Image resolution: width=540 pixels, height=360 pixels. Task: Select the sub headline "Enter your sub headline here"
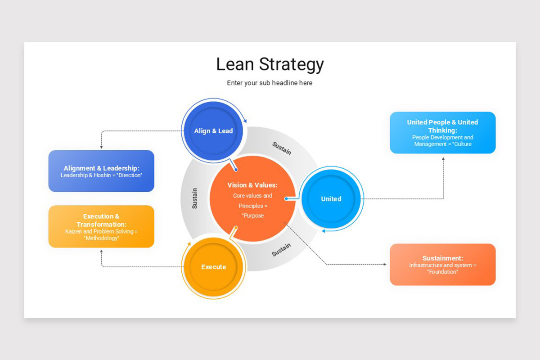270,83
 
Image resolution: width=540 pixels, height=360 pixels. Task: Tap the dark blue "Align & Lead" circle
213,131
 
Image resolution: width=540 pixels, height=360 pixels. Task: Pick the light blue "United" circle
331,199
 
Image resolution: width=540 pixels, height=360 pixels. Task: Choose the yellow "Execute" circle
213,267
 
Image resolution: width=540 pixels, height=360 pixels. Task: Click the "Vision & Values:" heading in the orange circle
252,185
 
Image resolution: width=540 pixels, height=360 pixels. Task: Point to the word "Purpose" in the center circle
253,216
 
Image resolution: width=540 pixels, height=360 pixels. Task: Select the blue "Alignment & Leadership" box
101,171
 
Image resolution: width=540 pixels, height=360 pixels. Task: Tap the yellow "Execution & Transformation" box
101,226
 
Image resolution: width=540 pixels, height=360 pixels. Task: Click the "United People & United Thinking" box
442,133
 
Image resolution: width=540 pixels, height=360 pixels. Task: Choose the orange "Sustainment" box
442,265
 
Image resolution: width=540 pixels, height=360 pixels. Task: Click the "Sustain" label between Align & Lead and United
282,148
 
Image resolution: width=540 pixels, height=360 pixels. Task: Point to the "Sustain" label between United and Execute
281,250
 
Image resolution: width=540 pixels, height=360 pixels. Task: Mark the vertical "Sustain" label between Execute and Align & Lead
194,198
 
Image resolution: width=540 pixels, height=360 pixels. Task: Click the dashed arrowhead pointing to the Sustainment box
384,265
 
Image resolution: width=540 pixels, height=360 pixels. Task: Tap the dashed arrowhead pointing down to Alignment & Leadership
101,147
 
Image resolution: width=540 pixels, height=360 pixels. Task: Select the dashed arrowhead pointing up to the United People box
443,158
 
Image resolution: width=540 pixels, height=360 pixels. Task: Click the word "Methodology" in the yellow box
101,238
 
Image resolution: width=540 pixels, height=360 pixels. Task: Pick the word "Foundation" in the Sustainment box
442,272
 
